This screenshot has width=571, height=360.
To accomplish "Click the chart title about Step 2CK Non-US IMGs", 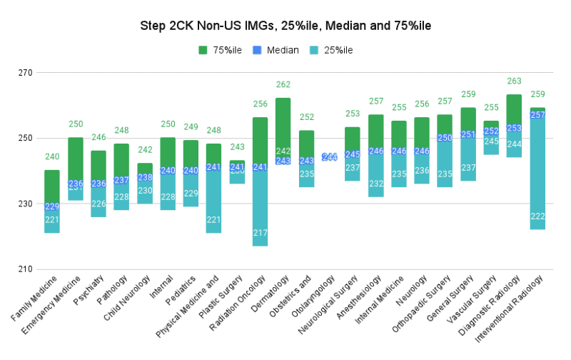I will pyautogui.click(x=285, y=26).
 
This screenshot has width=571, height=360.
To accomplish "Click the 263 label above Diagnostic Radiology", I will pyautogui.click(x=514, y=81).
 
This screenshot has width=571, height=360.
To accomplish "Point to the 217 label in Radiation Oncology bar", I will pyautogui.click(x=261, y=233).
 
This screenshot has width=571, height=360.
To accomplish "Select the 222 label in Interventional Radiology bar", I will pyautogui.click(x=537, y=216).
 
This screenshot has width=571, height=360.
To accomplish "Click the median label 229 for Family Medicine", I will pyautogui.click(x=52, y=207).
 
